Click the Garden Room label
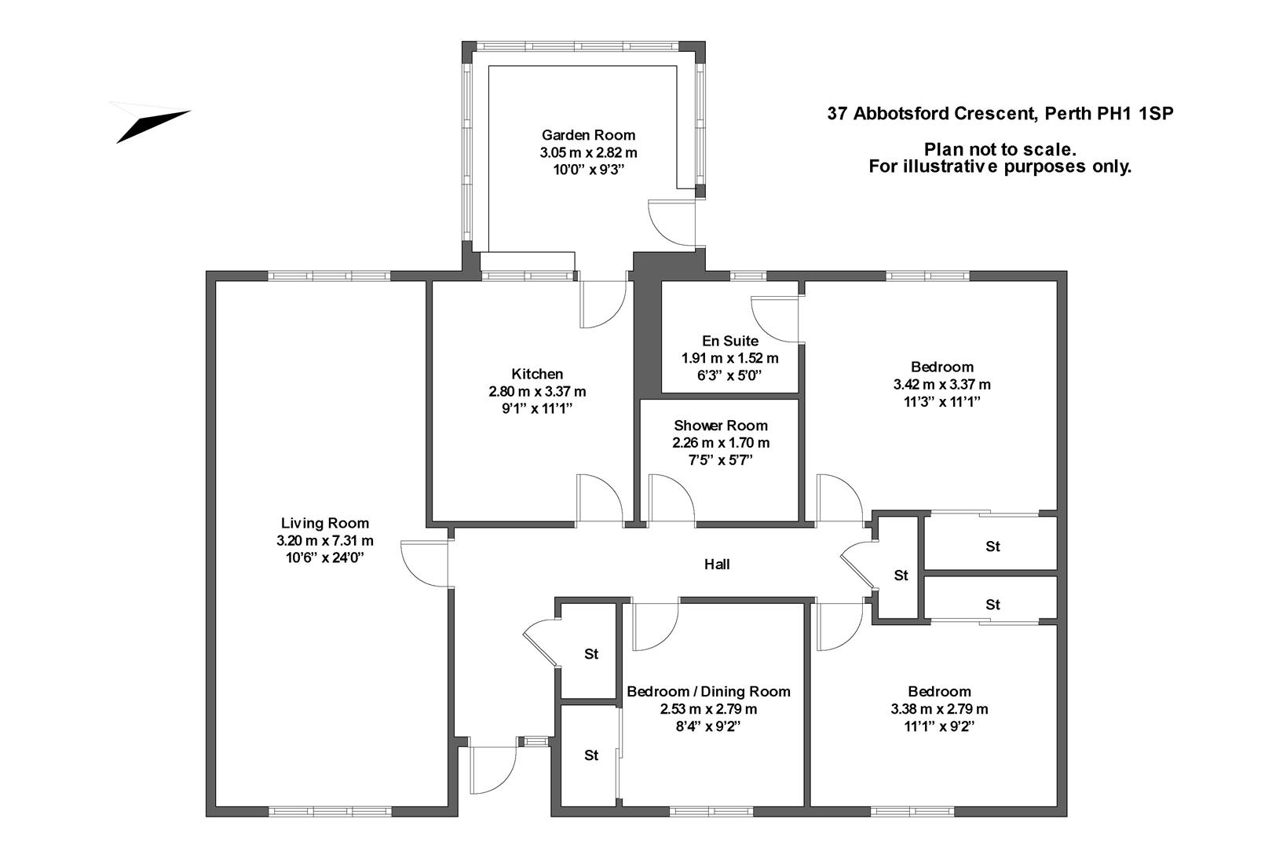click(588, 135)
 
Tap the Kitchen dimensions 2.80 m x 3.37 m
click(537, 391)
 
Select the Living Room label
click(324, 523)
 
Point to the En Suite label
click(730, 341)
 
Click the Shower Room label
click(720, 426)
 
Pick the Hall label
click(716, 564)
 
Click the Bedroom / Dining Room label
click(708, 692)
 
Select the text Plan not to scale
click(999, 149)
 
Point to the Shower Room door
click(670, 501)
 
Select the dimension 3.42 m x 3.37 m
click(941, 385)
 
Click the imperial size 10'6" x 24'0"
click(324, 557)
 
